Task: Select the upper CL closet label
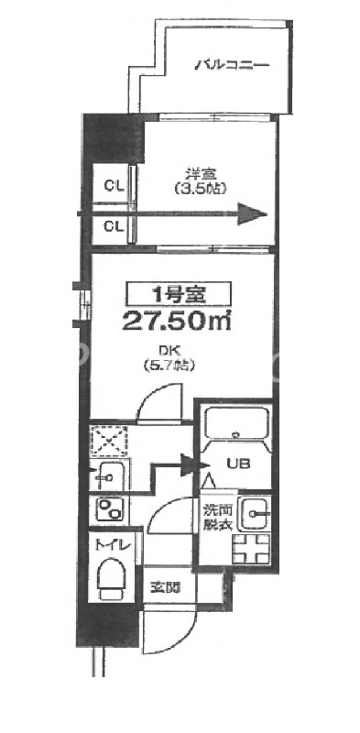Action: (114, 185)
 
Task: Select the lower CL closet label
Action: (114, 225)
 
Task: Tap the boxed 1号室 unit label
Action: (178, 295)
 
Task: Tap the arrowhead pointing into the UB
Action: (191, 465)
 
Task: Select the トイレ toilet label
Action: (114, 547)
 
